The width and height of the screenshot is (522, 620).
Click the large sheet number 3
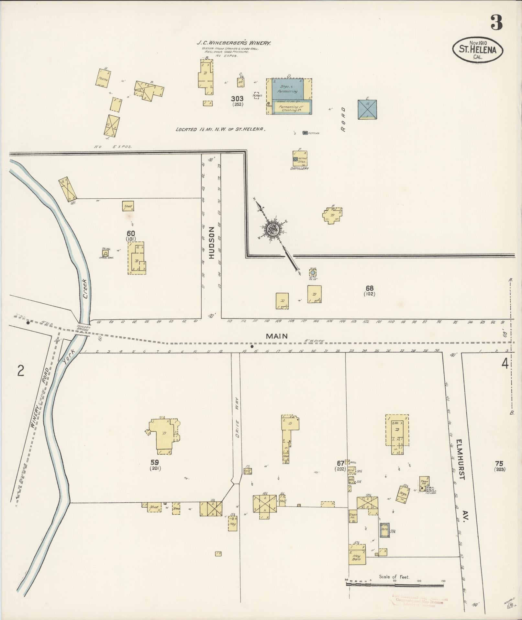[x=496, y=22]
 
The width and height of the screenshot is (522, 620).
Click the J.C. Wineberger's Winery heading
[x=234, y=42]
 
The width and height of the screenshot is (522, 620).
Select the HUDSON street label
[x=212, y=242]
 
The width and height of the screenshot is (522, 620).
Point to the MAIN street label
[x=277, y=336]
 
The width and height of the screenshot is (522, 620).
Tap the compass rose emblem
[x=272, y=229]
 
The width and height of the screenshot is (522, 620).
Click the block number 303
[x=237, y=99]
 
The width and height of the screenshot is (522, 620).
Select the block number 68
[x=369, y=288]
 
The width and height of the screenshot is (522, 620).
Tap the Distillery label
[x=299, y=169]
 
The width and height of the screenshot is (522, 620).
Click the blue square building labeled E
[x=367, y=109]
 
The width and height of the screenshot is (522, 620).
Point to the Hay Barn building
[x=357, y=557]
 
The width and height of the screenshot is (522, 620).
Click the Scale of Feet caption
[x=394, y=577]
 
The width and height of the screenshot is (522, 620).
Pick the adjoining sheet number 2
[x=21, y=371]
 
